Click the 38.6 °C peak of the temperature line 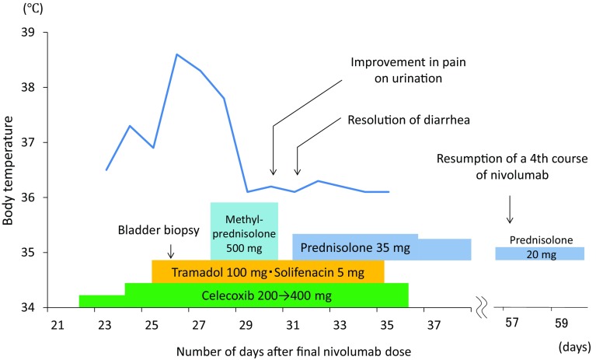point(176,54)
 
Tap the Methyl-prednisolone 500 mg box point(244,231)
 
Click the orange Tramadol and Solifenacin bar point(267,271)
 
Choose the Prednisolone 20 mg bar point(539,253)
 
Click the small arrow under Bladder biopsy point(171,251)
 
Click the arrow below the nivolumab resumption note point(509,208)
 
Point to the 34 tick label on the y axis point(31,308)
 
